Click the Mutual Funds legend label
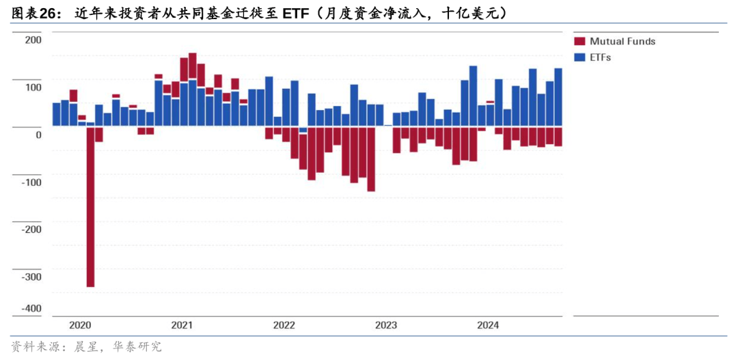click(623, 42)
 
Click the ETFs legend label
click(601, 57)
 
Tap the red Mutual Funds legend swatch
click(579, 42)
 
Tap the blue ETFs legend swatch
click(579, 57)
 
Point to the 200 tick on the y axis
click(33, 40)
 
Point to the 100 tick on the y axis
click(33, 87)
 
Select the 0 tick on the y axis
click(38, 135)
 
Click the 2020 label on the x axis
click(81, 325)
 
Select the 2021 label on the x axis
click(182, 325)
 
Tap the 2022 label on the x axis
click(284, 325)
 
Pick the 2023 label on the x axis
click(385, 325)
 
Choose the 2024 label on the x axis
click(487, 325)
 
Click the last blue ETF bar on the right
click(558, 97)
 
